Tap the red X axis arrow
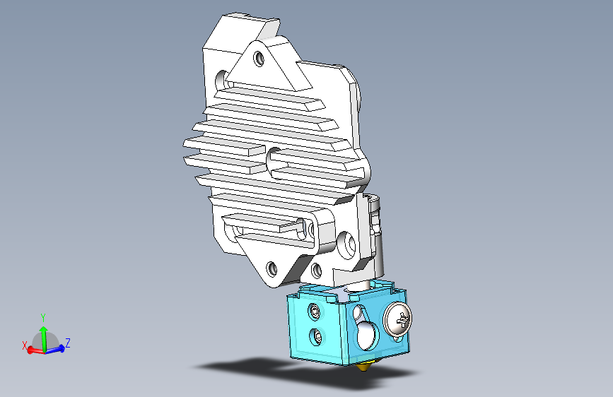tap(33, 350)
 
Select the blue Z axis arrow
tap(57, 348)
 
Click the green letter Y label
tap(43, 317)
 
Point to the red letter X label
tap(24, 345)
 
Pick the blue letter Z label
tap(67, 343)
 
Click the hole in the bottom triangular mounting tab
tap(272, 268)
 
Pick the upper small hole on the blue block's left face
tap(313, 310)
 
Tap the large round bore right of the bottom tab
tap(346, 244)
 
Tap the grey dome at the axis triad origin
tap(43, 341)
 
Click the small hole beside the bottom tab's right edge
tap(316, 269)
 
